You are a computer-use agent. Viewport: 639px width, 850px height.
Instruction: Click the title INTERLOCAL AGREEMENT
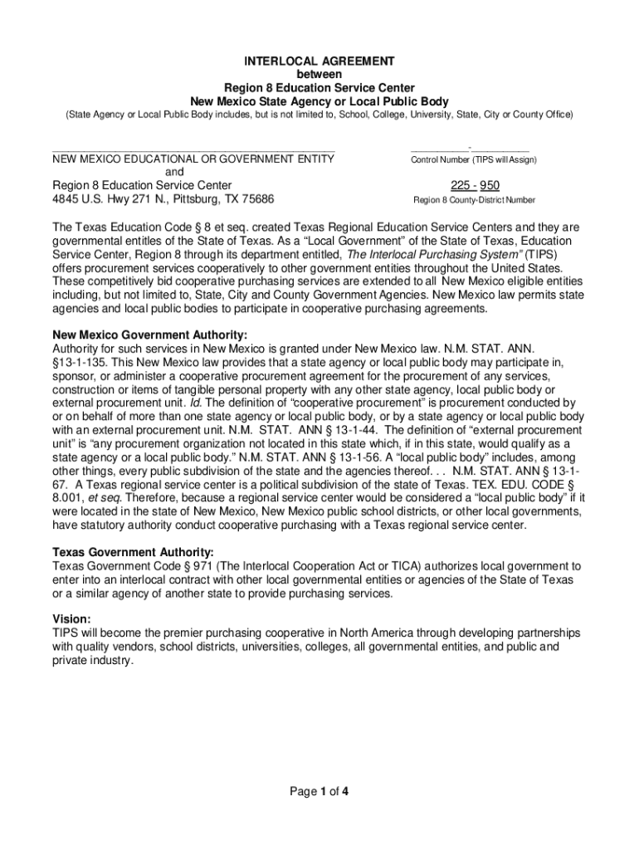click(319, 61)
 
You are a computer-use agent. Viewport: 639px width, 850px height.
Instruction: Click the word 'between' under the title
click(319, 75)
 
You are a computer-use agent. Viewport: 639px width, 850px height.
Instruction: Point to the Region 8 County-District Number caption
click(474, 200)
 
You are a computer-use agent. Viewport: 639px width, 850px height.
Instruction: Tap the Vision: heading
click(71, 619)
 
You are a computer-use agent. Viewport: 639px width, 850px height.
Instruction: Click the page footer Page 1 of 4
click(319, 792)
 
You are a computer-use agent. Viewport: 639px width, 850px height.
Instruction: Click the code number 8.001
click(69, 497)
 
